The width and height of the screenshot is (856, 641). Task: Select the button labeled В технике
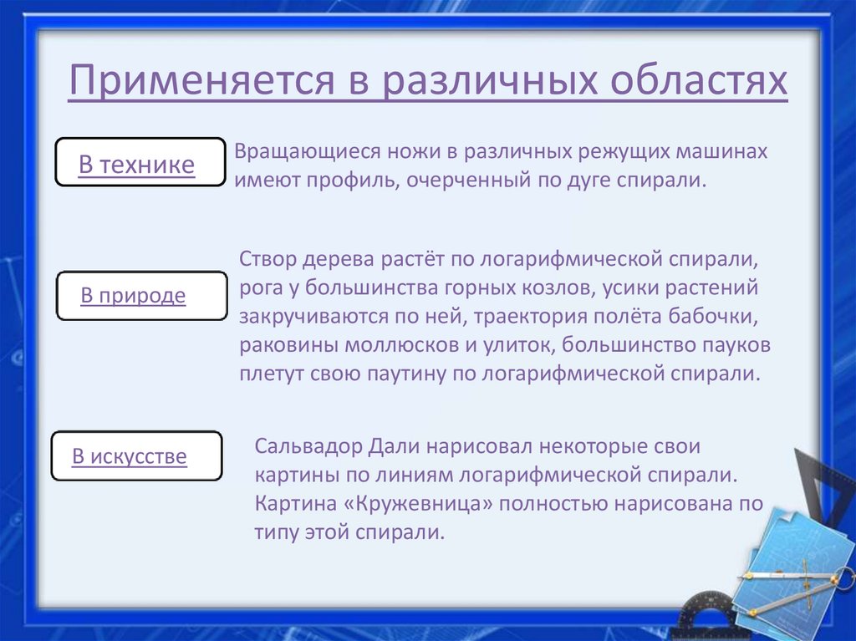[139, 163]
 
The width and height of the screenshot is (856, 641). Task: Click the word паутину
[407, 374]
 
